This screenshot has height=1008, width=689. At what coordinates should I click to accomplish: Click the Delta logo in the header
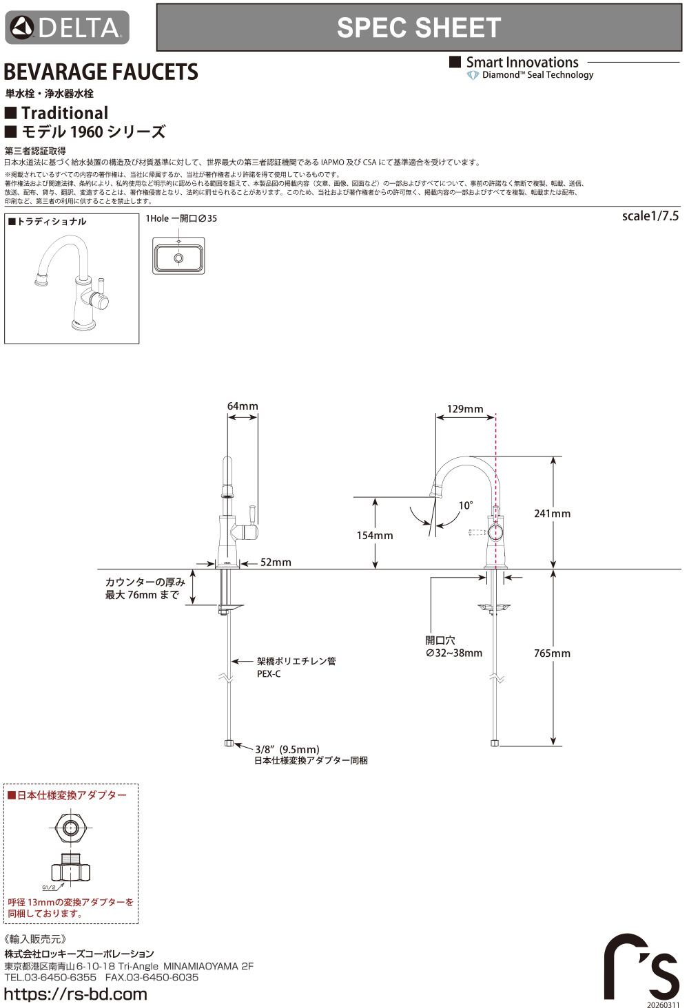click(67, 28)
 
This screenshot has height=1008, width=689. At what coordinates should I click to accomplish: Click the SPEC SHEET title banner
click(419, 28)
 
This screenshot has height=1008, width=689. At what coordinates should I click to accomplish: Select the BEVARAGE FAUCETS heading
click(101, 72)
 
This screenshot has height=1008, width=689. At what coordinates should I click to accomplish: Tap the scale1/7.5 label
click(650, 216)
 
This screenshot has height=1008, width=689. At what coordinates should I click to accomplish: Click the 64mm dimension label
click(243, 406)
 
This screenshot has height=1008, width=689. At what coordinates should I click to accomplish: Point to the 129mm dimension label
click(465, 409)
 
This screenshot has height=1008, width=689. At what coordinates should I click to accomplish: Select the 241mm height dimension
click(552, 514)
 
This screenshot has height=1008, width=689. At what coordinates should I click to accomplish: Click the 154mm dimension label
click(375, 536)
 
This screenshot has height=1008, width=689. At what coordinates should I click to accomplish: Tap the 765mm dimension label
click(552, 653)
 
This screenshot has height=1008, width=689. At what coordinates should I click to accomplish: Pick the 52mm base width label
click(276, 563)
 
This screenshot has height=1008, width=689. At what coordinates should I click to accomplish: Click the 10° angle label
click(466, 505)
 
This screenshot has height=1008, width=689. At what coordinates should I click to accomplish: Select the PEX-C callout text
click(269, 674)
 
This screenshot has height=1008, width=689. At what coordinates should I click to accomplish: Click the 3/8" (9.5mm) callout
click(287, 749)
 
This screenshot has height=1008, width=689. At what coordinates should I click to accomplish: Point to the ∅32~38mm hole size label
click(454, 653)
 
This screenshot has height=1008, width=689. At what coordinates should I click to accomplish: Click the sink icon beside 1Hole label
click(178, 256)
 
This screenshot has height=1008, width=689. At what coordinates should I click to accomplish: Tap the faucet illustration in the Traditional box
click(72, 282)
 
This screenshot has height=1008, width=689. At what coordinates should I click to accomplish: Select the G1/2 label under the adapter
click(49, 888)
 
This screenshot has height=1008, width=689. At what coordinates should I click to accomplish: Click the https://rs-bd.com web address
click(76, 994)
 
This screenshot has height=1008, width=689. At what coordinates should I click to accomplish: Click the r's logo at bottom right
click(641, 967)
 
